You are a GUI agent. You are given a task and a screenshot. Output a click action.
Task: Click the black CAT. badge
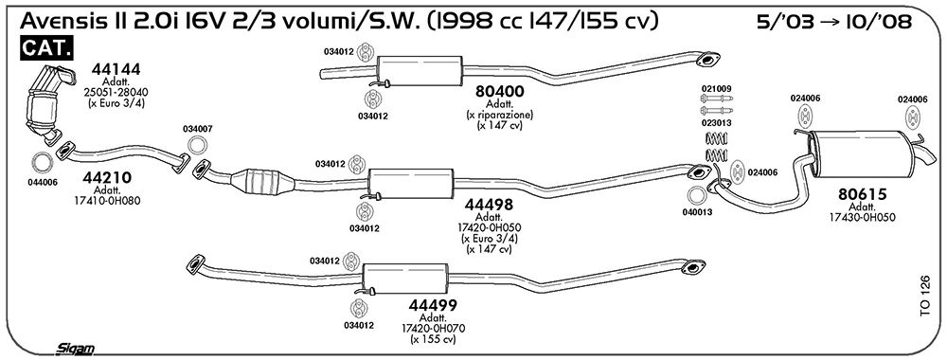pyautogui.click(x=46, y=48)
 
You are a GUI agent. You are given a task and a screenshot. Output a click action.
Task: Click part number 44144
pyautogui.click(x=116, y=69)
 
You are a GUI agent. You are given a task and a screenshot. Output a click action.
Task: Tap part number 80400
pyautogui.click(x=499, y=92)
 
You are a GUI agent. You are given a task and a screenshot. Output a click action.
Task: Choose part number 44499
pyautogui.click(x=433, y=305)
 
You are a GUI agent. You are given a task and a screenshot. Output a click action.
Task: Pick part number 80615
pyautogui.click(x=862, y=194)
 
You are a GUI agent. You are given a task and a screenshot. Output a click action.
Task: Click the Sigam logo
pyautogui.click(x=75, y=349)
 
